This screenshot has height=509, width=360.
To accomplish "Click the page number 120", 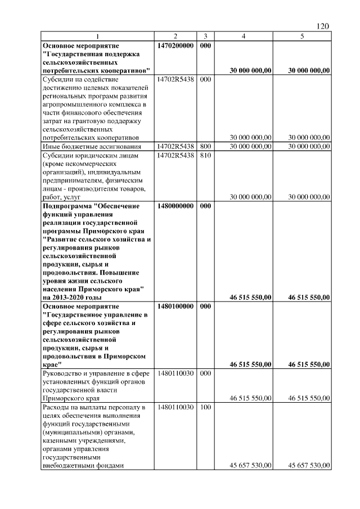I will click(322, 26).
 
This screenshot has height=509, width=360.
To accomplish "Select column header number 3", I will click(205, 37).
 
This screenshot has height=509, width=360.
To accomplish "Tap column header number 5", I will click(302, 37).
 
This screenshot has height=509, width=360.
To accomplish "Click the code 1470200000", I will click(175, 44).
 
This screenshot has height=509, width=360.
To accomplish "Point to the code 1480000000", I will click(175, 206).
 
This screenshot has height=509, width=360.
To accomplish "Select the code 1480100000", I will click(175, 307).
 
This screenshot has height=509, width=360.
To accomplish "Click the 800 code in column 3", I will click(205, 146).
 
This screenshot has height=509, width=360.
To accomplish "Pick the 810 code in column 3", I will click(205, 155).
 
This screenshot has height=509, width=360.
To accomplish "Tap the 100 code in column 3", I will click(205, 407).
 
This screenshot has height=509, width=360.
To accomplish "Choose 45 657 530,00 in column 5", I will click(308, 465).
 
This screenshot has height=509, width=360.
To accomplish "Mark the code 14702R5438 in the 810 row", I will click(175, 155).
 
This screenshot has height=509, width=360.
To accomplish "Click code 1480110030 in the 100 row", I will click(175, 407).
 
